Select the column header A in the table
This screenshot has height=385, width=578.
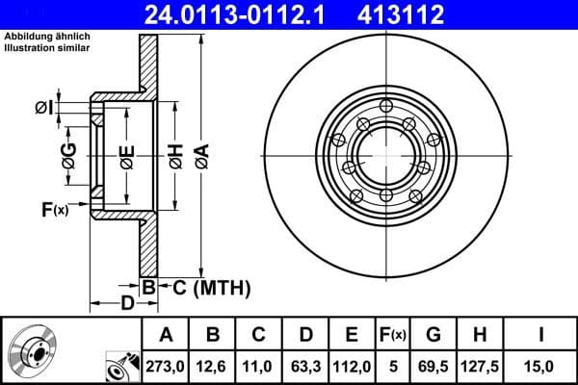pos(166,335)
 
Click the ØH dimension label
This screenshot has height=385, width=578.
pos(175,157)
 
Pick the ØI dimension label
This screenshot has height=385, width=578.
pos(43,108)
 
